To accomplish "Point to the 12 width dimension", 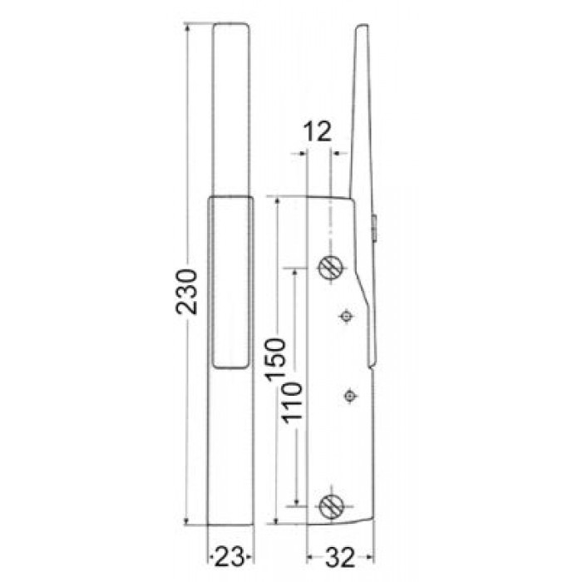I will click(318, 131).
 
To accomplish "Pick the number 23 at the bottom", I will click(229, 554).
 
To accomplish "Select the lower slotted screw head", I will click(329, 505).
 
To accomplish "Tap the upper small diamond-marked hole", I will click(347, 315).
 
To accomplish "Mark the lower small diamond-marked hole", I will click(350, 395).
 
